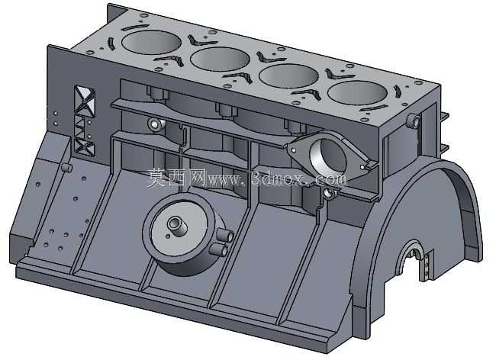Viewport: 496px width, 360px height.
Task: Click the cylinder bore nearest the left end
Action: tap(151, 43)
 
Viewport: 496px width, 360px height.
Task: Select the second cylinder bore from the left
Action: tap(221, 59)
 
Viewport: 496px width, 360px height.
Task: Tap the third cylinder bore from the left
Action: tap(288, 76)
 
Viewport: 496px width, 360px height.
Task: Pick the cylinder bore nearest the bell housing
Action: tap(358, 92)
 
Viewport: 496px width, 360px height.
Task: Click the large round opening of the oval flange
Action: tap(327, 156)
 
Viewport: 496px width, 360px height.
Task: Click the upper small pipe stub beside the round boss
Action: tap(225, 236)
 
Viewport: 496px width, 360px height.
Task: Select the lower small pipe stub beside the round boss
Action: tap(218, 249)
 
